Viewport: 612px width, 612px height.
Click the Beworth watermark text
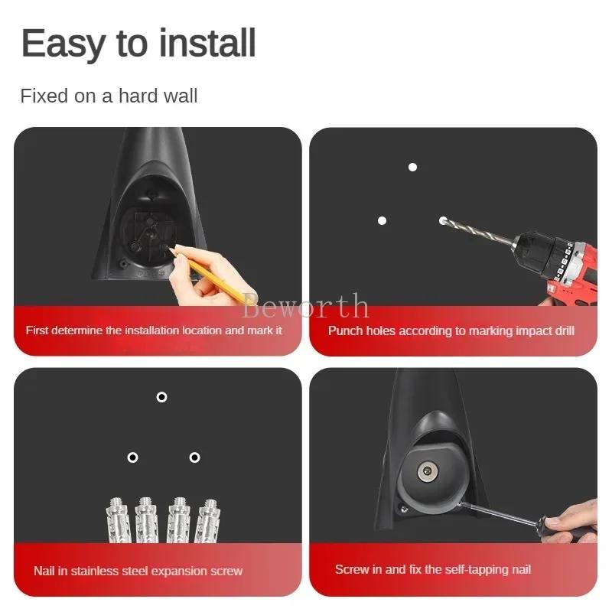(305, 307)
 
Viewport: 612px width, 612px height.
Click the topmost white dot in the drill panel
(412, 167)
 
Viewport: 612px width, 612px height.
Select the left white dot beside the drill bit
(382, 220)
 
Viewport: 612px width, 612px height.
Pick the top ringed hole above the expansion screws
(161, 397)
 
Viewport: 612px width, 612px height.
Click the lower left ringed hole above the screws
(132, 457)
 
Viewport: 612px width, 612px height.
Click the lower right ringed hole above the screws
(194, 457)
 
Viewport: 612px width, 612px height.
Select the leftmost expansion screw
(116, 520)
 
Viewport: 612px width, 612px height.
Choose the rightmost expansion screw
(207, 520)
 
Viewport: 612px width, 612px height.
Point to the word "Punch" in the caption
(344, 330)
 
